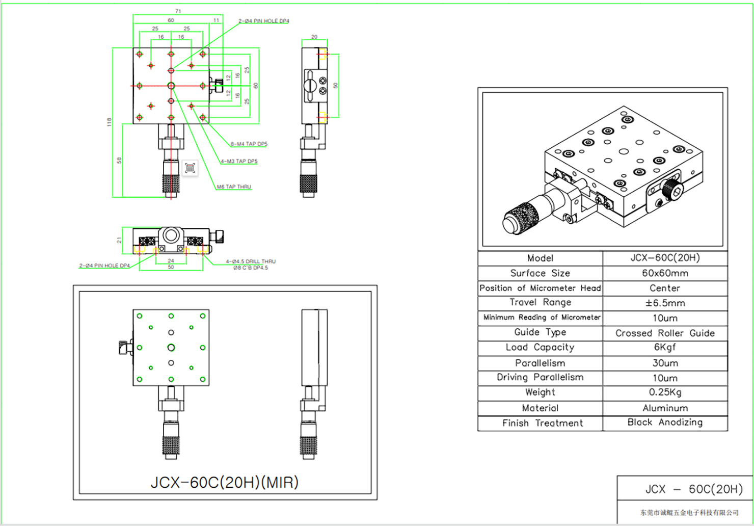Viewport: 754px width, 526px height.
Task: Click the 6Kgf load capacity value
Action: click(664, 348)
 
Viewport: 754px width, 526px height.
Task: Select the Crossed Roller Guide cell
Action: click(664, 333)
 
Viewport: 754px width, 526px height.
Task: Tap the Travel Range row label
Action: click(540, 302)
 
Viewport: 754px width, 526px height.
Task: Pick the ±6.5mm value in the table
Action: click(664, 303)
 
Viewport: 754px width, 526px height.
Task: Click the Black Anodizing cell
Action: click(664, 423)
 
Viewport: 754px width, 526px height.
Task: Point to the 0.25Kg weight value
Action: click(664, 392)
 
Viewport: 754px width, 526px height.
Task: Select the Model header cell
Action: click(540, 258)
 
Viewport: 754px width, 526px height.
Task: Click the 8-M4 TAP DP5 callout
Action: click(249, 144)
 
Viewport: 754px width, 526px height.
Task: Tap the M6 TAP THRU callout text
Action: click(234, 187)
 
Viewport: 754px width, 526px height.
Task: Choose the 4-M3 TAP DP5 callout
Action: click(239, 161)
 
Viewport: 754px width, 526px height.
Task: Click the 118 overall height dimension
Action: click(109, 122)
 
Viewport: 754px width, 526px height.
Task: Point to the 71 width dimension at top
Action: click(178, 11)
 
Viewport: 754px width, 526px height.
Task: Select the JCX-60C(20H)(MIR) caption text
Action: click(225, 482)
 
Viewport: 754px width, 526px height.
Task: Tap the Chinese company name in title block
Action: click(689, 512)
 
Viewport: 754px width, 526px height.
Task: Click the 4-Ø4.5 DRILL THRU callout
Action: click(250, 261)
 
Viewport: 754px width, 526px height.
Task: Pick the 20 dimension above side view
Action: click(314, 37)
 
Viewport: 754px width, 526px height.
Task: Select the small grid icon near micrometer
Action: click(190, 168)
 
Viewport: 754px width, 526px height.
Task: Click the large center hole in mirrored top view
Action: click(171, 348)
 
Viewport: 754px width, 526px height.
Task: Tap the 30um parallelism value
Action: click(664, 363)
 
